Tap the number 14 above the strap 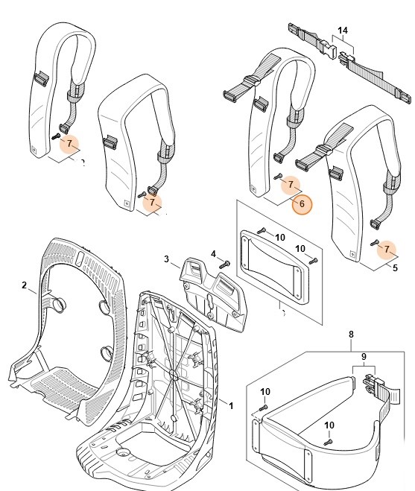[x=342, y=31]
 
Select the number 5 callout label [x=395, y=267]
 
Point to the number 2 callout [x=25, y=285]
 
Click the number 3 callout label [x=168, y=259]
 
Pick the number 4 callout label [x=213, y=254]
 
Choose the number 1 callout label [x=231, y=405]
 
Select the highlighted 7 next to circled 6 [x=293, y=183]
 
